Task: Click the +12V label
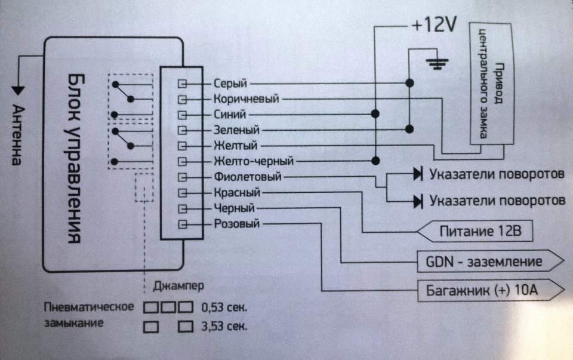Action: pyautogui.click(x=434, y=25)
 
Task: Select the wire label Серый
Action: pyautogui.click(x=230, y=84)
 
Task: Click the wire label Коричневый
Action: pyautogui.click(x=247, y=99)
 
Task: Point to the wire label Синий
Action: pyautogui.click(x=229, y=115)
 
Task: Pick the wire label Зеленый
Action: pyautogui.click(x=236, y=130)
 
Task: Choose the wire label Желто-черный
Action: pyautogui.click(x=254, y=161)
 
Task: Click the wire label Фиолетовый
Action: pyautogui.click(x=248, y=177)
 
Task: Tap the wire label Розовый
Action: pyautogui.click(x=237, y=223)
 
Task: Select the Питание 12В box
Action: pyautogui.click(x=475, y=231)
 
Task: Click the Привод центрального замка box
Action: pyautogui.click(x=491, y=84)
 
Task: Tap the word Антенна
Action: pyautogui.click(x=17, y=135)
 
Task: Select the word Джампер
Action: pyautogui.click(x=178, y=286)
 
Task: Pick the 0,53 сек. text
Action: pyautogui.click(x=224, y=307)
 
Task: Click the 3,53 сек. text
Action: pyautogui.click(x=224, y=326)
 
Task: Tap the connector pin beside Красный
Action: pyautogui.click(x=182, y=193)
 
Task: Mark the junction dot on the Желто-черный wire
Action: pyautogui.click(x=375, y=161)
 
